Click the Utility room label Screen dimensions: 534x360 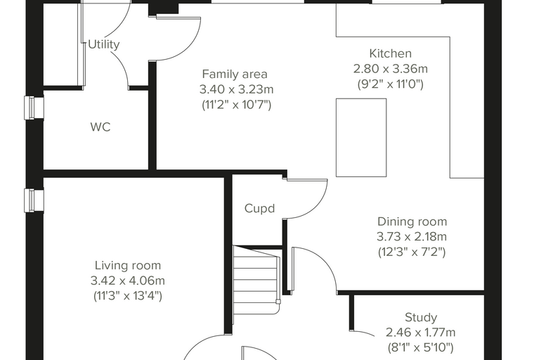[x=103, y=44]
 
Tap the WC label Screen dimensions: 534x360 [x=100, y=127]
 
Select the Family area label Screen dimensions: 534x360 [x=235, y=74]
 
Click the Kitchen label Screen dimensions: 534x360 [x=390, y=53]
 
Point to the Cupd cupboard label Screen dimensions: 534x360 [x=259, y=208]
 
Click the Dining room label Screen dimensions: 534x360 [x=412, y=221]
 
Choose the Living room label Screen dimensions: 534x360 [x=128, y=265]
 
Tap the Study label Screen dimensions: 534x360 [x=421, y=317]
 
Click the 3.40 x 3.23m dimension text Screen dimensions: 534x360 [x=236, y=89]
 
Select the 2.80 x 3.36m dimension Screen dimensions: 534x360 [x=390, y=69]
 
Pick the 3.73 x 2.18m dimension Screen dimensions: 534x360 [x=412, y=236]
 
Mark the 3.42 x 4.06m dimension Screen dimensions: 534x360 [x=128, y=281]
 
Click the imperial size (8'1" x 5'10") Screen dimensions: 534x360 [x=421, y=347]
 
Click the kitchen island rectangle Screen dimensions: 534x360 [x=361, y=138]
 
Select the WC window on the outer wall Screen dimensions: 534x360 [x=34, y=108]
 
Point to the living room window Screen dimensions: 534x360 [x=34, y=200]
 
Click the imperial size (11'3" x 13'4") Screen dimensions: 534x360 [x=128, y=295]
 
